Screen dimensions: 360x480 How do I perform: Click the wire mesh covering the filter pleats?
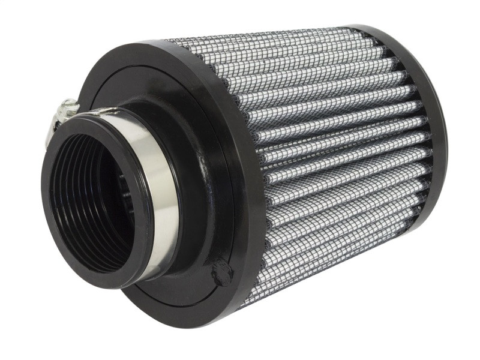336,150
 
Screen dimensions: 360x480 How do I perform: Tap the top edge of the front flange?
150,45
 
